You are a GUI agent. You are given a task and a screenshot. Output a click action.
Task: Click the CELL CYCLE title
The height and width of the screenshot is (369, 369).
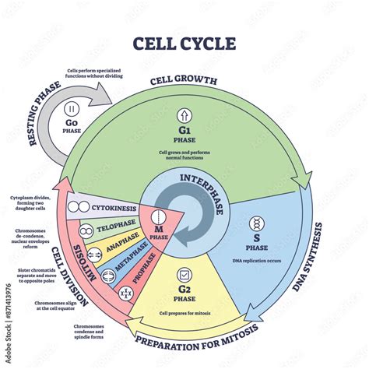pos(184,43)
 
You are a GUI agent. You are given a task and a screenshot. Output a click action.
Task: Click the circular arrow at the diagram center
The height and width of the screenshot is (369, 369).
pos(186,210)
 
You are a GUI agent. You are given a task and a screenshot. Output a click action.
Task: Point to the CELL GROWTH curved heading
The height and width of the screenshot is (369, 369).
pos(184,80)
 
